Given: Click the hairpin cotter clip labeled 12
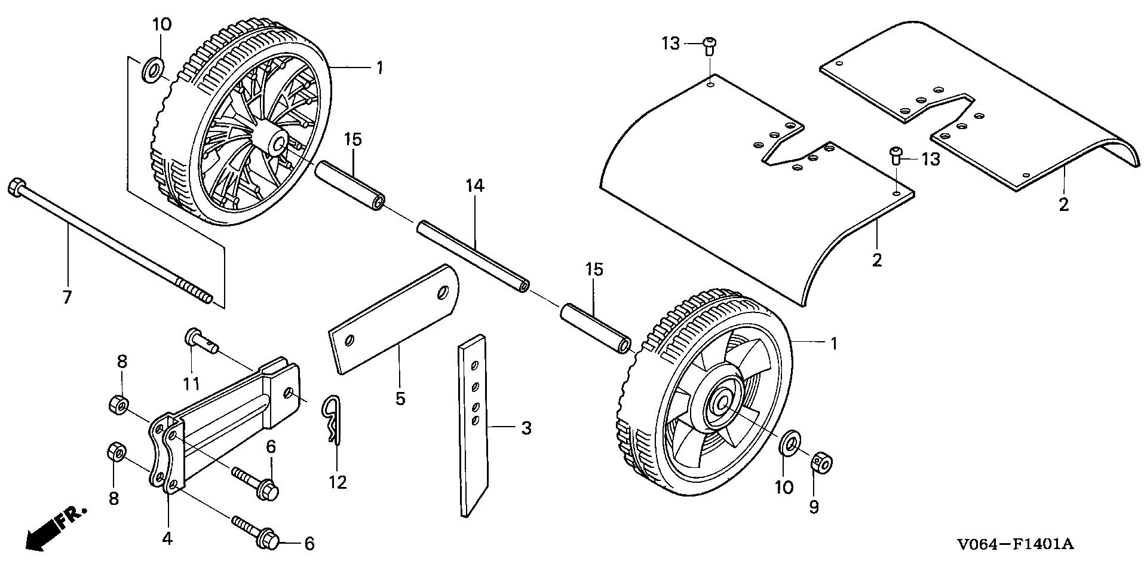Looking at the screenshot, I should click(x=332, y=418).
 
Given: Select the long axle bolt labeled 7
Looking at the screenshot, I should click(x=108, y=243).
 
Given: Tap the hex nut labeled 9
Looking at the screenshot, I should click(x=821, y=462).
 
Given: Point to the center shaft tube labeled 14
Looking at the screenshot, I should click(x=472, y=256).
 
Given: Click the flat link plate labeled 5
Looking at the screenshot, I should click(x=394, y=320).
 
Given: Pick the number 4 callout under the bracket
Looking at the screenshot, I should click(x=167, y=538).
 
